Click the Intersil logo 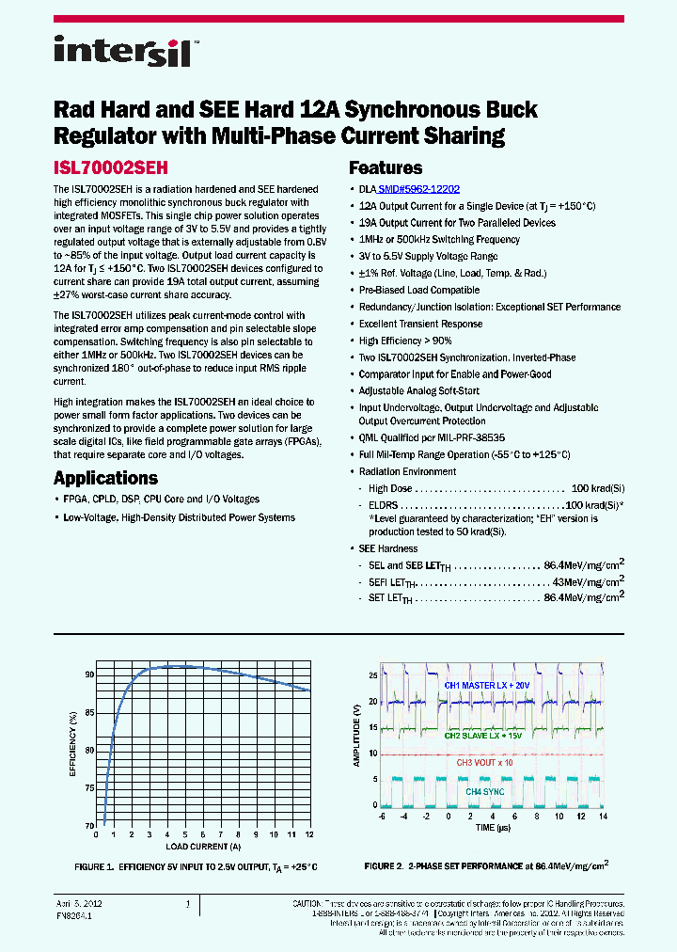point(124,51)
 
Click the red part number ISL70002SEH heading point(111,169)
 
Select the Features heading point(386,168)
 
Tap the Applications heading point(105,478)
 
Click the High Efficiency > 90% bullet point(405,341)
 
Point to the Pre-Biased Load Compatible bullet point(419,290)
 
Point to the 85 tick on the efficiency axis point(89,712)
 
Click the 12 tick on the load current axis point(309,834)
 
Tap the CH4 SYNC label point(485,792)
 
